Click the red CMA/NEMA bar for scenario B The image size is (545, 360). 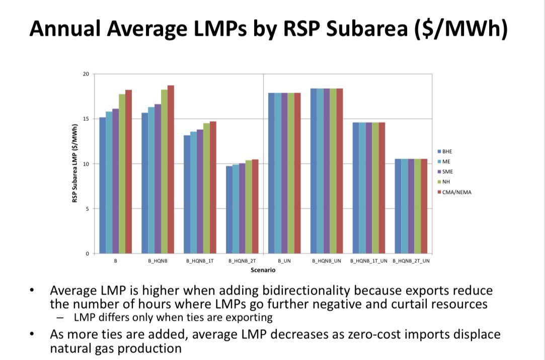tap(128, 172)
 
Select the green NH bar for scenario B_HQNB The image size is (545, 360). tap(164, 172)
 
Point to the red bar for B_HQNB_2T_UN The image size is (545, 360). tap(424, 206)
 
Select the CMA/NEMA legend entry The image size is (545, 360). tap(455, 192)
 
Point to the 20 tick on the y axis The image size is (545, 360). tap(86, 74)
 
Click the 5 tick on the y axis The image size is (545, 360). tap(87, 209)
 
